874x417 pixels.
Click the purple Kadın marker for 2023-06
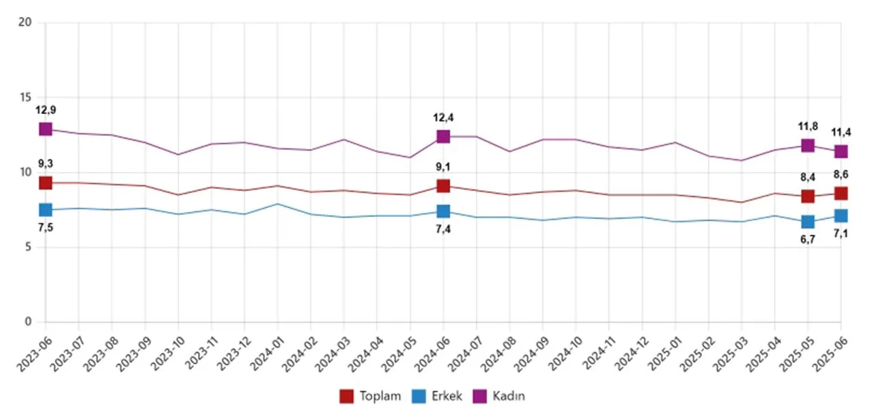(45, 129)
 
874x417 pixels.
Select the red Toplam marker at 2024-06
(443, 186)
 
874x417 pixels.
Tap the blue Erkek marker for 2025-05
(808, 222)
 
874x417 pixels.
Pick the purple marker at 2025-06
(841, 152)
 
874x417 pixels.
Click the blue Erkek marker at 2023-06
(45, 210)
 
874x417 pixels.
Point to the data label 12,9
(45, 110)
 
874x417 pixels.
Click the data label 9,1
(443, 167)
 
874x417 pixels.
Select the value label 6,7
(808, 240)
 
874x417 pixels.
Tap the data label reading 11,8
(808, 126)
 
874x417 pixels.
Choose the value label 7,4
(443, 230)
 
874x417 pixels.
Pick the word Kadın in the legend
(509, 396)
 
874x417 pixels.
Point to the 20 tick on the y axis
(27, 23)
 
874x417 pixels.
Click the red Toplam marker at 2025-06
(841, 194)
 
